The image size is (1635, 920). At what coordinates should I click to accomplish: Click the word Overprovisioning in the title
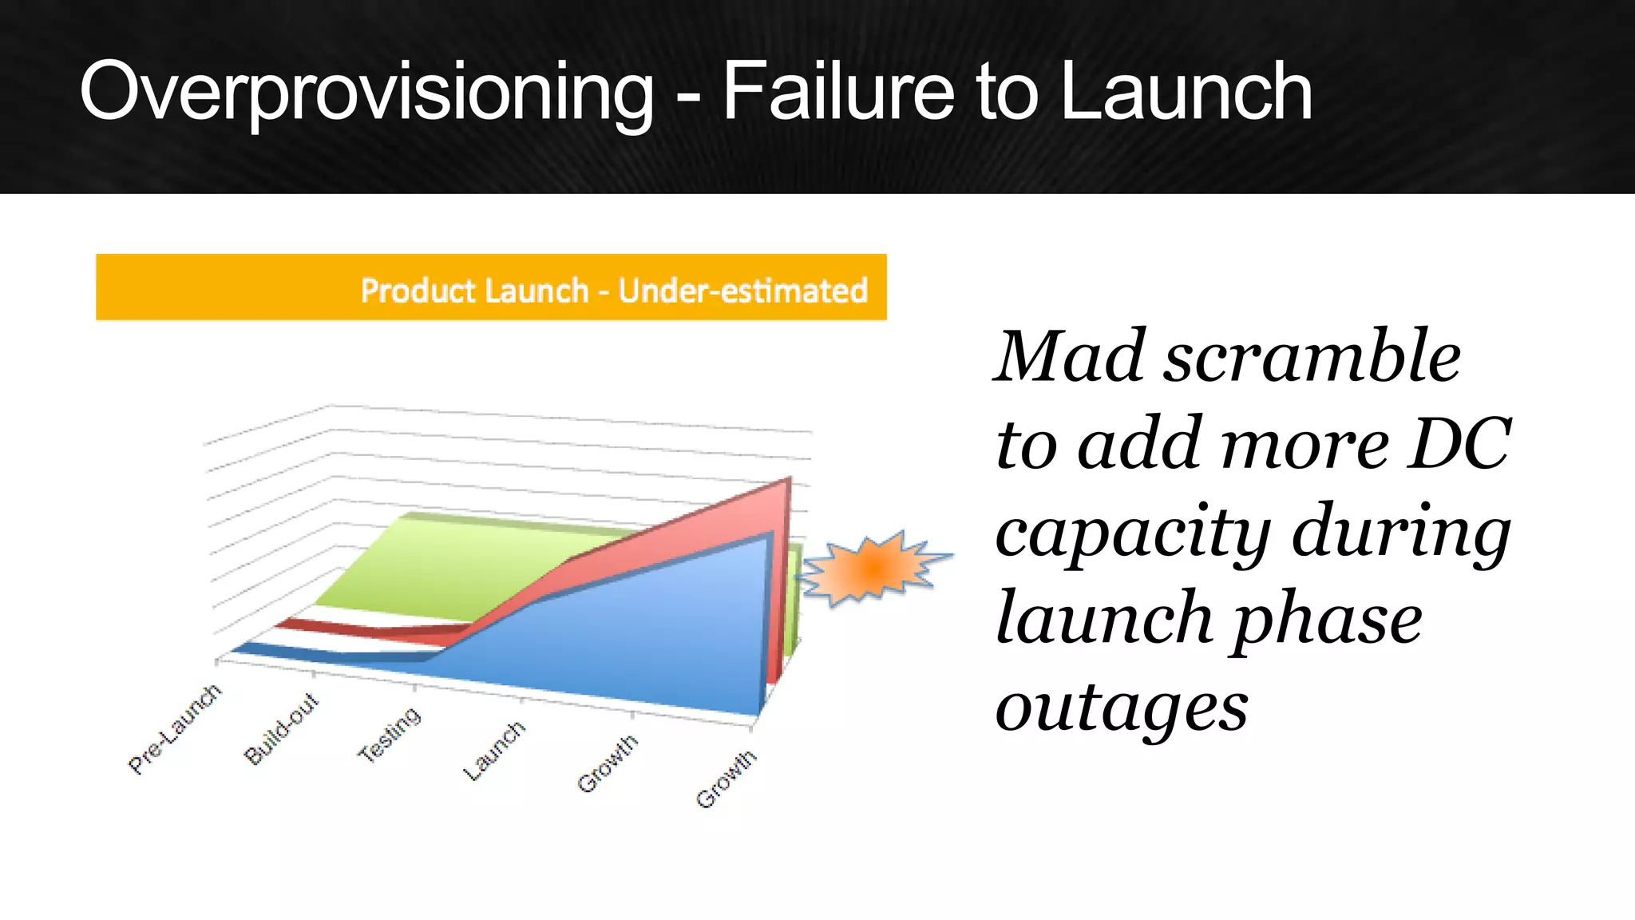click(366, 93)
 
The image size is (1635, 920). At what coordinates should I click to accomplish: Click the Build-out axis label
click(281, 729)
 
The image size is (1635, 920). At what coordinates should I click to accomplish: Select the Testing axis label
click(389, 734)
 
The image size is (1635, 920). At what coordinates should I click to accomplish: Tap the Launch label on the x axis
click(494, 750)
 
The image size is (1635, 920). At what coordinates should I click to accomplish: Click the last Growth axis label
click(725, 779)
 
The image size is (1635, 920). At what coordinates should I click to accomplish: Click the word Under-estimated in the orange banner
click(742, 291)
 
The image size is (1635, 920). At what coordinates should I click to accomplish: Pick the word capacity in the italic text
click(1133, 533)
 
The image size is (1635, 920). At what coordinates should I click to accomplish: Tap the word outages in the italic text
click(1121, 708)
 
